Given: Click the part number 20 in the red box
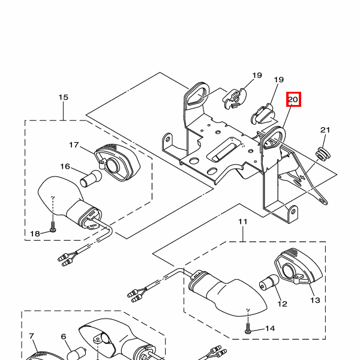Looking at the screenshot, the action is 293,100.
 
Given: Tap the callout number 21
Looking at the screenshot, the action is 325,130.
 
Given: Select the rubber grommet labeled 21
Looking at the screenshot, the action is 323,154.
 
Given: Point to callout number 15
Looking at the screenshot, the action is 64,97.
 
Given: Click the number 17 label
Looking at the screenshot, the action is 74,145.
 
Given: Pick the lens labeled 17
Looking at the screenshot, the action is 118,163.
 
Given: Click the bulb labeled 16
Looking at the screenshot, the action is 91,178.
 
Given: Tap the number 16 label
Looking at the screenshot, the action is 65,166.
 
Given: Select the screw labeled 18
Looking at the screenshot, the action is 53,227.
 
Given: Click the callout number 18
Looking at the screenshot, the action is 35,234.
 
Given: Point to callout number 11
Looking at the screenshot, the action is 243,221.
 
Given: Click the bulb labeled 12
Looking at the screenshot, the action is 269,283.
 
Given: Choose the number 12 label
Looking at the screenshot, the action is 283,304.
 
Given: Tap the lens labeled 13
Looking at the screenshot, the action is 298,266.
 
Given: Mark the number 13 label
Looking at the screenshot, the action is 315,300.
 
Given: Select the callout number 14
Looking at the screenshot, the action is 270,329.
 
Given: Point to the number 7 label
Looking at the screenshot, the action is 31,336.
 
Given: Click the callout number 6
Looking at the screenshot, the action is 64,337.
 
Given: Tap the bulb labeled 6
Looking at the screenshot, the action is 77,354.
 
